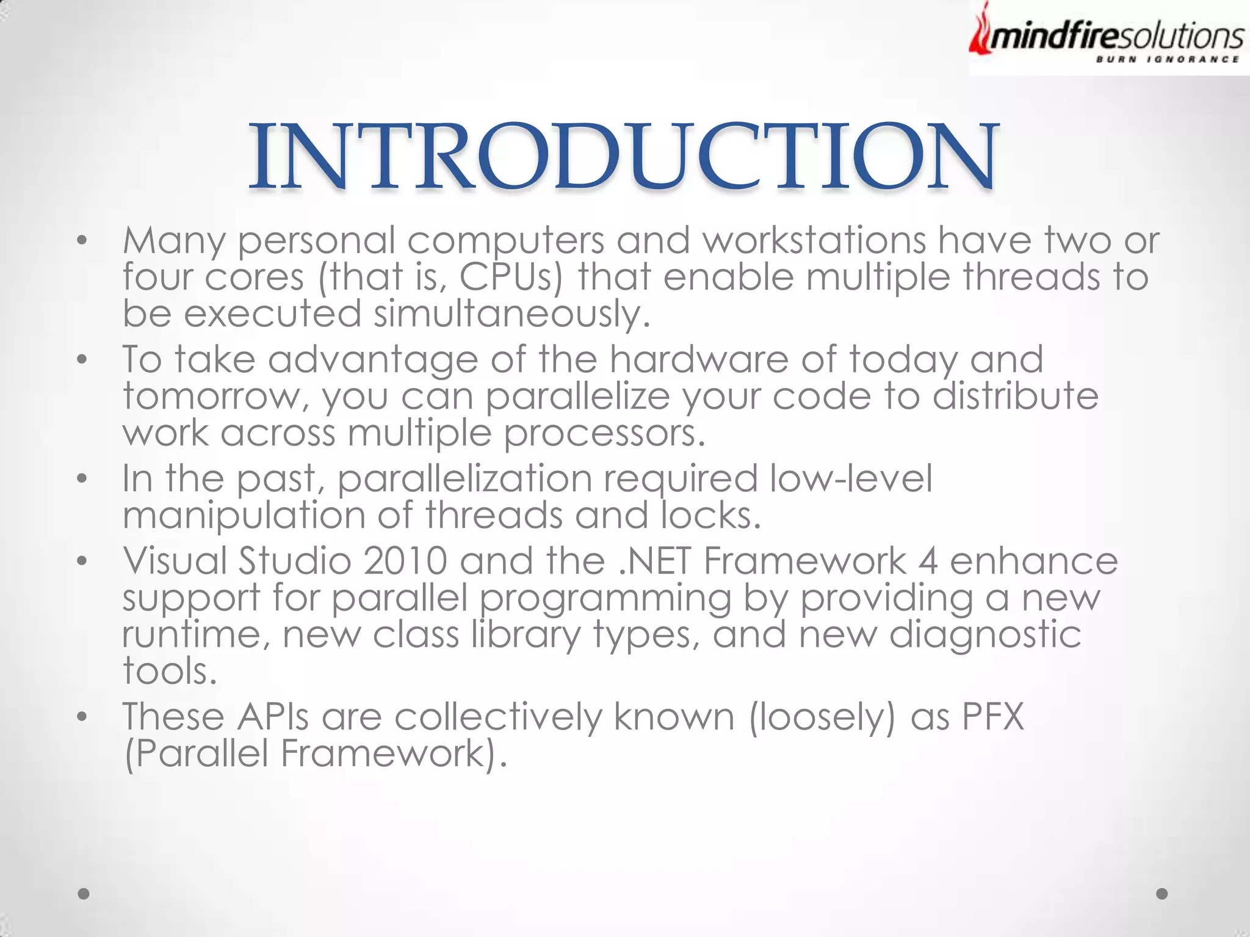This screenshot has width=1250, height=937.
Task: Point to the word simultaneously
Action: pyautogui.click(x=511, y=314)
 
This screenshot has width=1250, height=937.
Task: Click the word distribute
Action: pyautogui.click(x=1016, y=397)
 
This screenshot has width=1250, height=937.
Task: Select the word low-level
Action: pyautogui.click(x=851, y=478)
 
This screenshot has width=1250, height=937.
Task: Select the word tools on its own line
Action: pyautogui.click(x=169, y=671)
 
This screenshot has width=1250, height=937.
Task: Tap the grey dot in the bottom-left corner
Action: pyautogui.click(x=84, y=894)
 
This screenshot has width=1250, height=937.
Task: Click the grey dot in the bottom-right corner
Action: pyautogui.click(x=1162, y=894)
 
